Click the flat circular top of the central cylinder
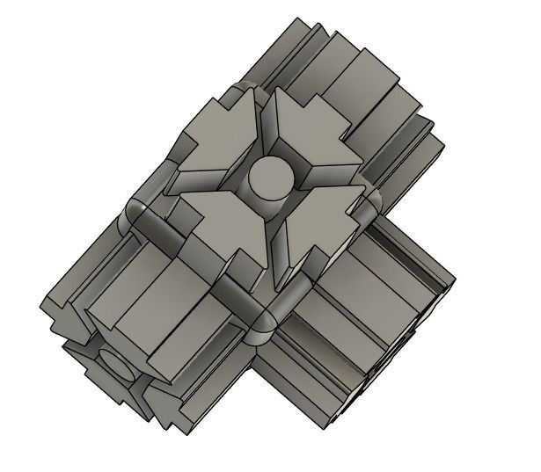point(267,177)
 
